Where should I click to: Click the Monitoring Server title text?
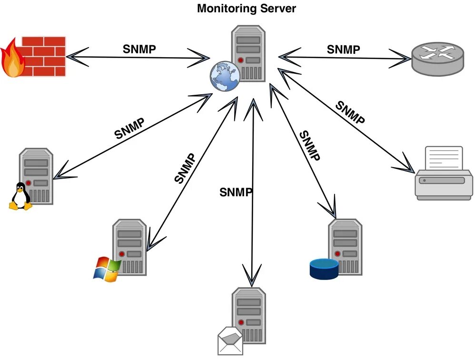(246, 9)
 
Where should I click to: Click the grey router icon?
(437, 58)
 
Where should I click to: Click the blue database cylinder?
(324, 269)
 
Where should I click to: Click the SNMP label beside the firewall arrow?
(139, 49)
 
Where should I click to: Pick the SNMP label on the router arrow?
(343, 49)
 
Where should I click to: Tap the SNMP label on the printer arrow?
(350, 113)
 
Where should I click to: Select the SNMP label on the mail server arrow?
(236, 192)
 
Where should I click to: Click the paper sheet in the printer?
(444, 159)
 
